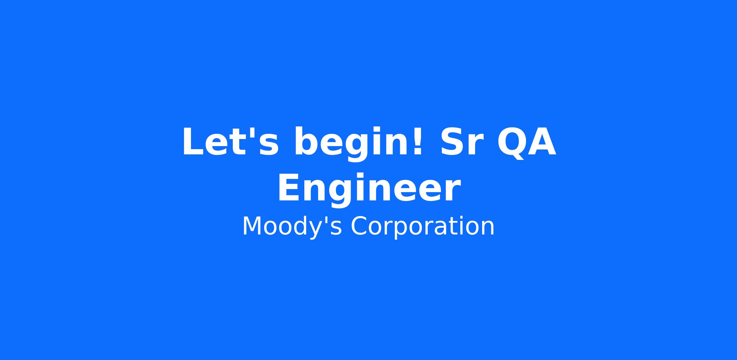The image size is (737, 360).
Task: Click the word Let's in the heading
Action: pos(231,142)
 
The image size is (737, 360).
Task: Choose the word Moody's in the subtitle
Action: pos(292,227)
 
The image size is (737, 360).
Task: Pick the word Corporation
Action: pos(423,227)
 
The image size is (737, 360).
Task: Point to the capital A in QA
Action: pos(541,141)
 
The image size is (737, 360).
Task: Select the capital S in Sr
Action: pos(452,141)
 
